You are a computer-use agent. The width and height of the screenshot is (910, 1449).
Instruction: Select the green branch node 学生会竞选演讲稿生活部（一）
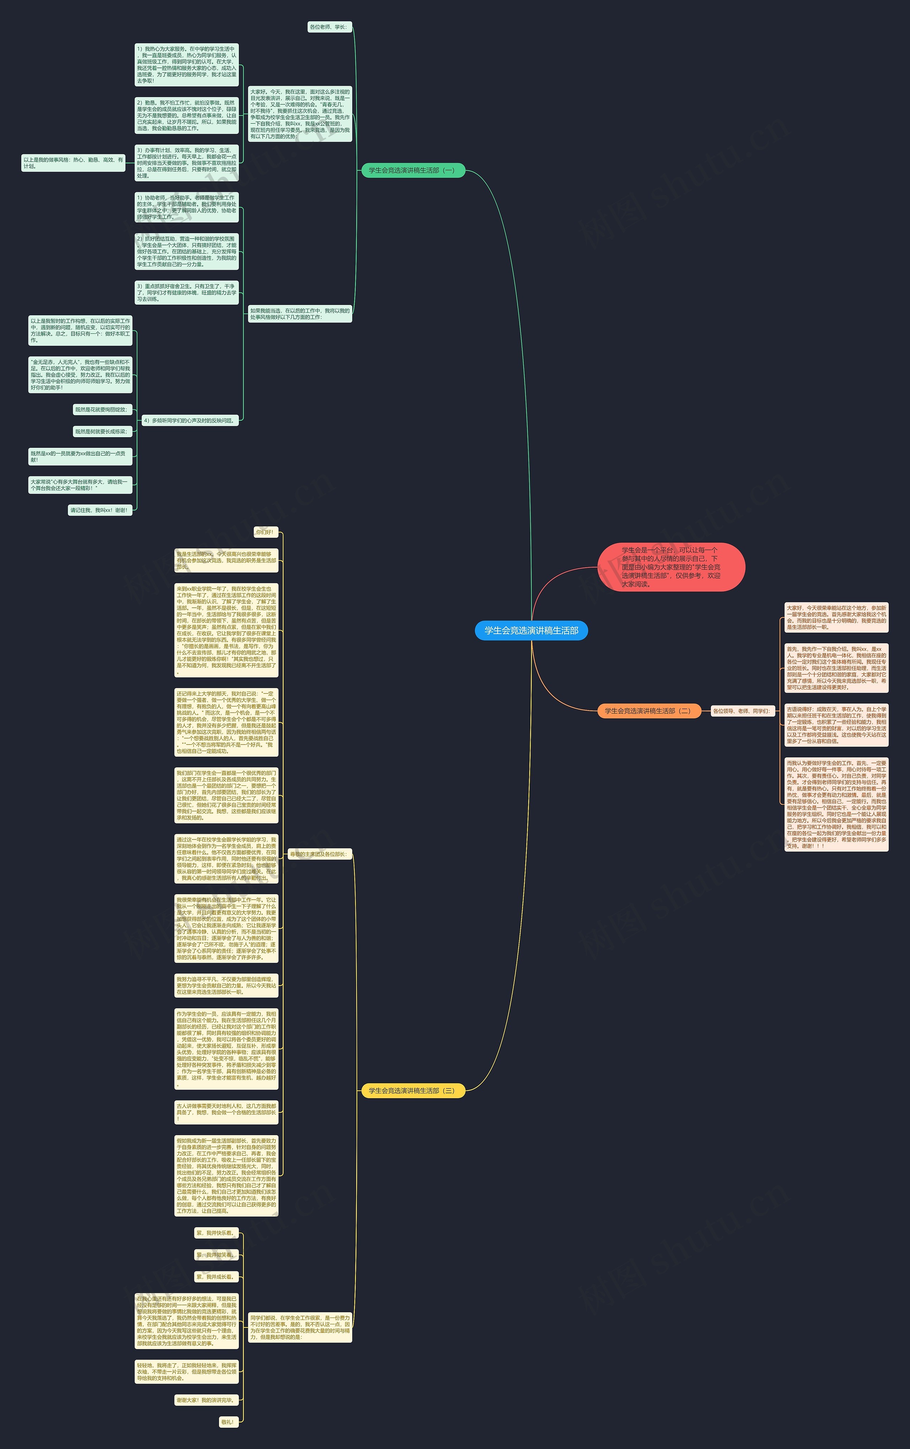click(x=413, y=170)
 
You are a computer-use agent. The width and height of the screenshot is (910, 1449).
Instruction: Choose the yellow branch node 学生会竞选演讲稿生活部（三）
click(x=413, y=1090)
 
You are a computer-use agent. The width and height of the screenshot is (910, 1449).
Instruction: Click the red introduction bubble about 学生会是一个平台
click(x=671, y=567)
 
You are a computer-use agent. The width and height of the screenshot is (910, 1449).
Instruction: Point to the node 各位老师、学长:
click(x=328, y=27)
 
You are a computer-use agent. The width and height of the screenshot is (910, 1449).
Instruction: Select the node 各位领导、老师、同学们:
click(x=742, y=711)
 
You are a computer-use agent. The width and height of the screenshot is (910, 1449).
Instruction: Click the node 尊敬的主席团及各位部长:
click(x=319, y=854)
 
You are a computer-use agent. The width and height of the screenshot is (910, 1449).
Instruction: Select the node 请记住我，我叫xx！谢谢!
click(x=99, y=510)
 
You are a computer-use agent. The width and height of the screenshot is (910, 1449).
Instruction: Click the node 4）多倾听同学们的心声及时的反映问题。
click(x=189, y=420)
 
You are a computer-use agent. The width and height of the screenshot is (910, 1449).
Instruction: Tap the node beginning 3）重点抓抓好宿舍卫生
click(x=187, y=293)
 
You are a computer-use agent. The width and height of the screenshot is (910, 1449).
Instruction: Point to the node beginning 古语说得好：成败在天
click(x=836, y=725)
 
